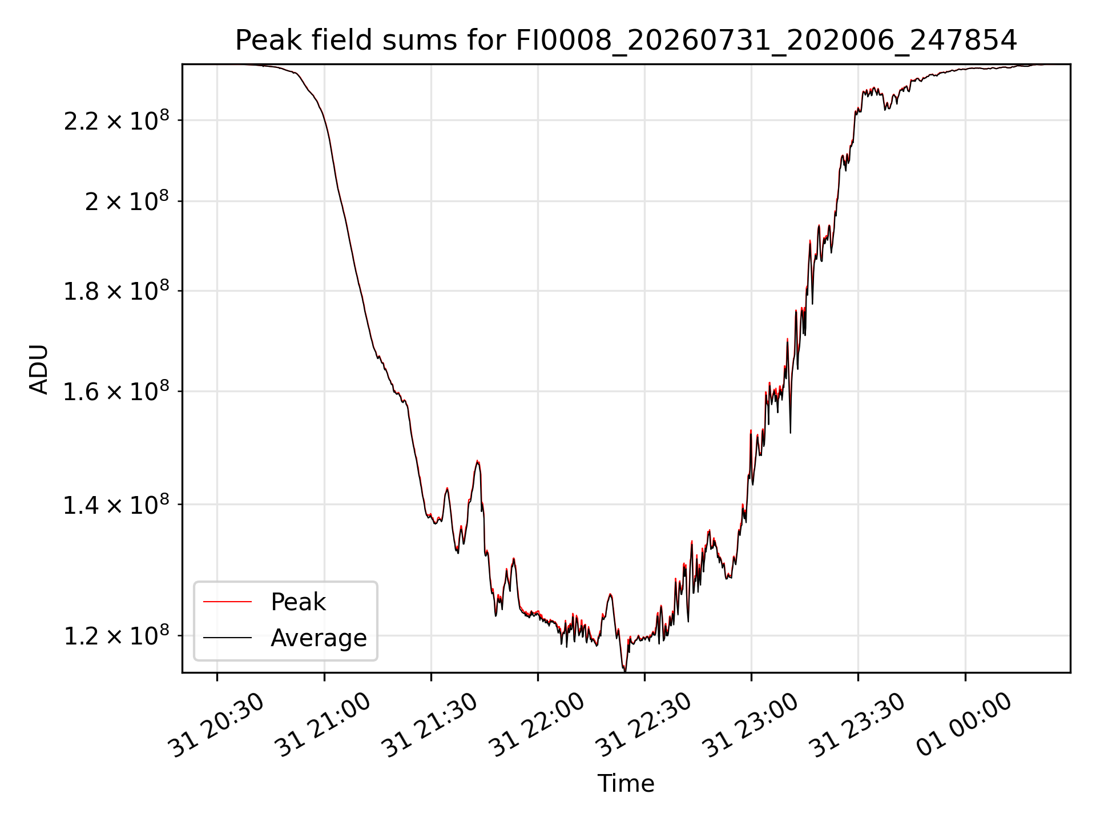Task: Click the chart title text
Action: click(626, 41)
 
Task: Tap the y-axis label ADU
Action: click(39, 369)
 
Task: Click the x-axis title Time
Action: click(626, 784)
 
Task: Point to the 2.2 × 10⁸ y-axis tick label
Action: click(116, 120)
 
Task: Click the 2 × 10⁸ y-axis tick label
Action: click(127, 202)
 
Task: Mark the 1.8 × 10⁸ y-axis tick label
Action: click(116, 291)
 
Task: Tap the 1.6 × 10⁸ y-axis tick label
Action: click(116, 392)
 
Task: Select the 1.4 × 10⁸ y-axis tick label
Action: click(116, 505)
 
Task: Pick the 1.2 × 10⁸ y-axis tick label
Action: click(116, 636)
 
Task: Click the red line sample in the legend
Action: click(227, 602)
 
